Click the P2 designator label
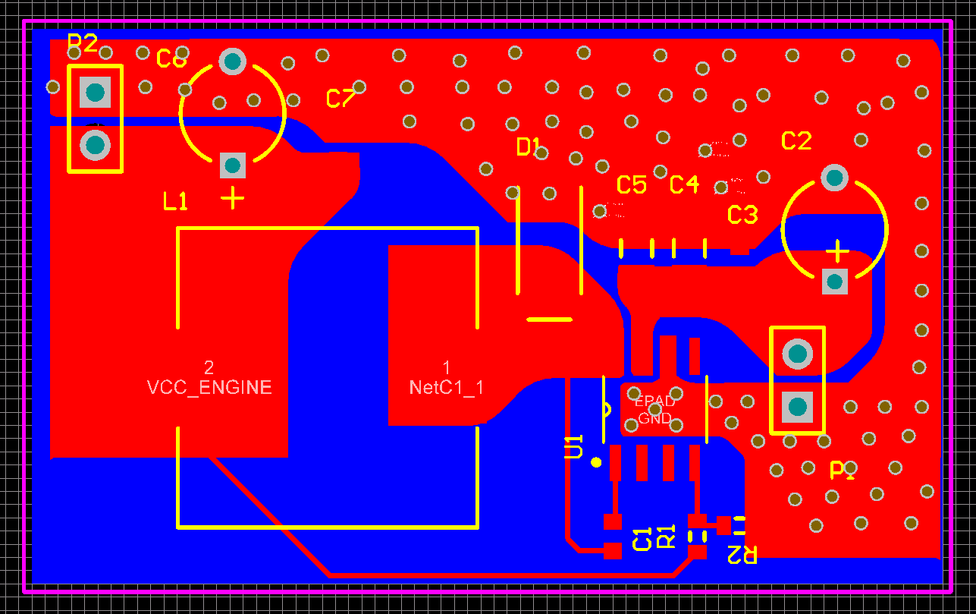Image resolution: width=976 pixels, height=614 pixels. click(x=83, y=43)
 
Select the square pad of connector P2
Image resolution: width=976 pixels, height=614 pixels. click(x=95, y=93)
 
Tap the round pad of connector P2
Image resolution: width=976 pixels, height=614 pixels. click(x=95, y=144)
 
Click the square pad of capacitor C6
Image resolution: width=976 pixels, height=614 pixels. click(x=233, y=165)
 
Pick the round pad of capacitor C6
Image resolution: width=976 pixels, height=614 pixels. click(x=233, y=61)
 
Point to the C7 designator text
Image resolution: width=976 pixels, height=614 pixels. click(x=341, y=98)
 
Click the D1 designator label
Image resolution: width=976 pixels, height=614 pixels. click(x=529, y=146)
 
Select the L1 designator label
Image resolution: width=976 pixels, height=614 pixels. click(x=175, y=201)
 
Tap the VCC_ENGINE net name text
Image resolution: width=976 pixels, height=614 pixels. click(x=209, y=387)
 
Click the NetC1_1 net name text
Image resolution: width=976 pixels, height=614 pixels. click(x=446, y=387)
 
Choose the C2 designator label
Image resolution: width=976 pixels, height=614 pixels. click(x=796, y=140)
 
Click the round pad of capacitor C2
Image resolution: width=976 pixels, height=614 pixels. click(x=834, y=178)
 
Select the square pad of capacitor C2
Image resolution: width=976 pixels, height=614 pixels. click(x=835, y=282)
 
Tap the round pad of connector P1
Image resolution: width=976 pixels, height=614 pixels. click(x=797, y=354)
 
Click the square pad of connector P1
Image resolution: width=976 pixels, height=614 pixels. click(x=797, y=407)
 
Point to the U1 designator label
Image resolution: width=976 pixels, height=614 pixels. click(x=573, y=446)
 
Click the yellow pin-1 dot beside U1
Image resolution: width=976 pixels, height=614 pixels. click(x=596, y=461)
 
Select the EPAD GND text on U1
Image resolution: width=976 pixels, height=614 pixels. click(x=654, y=410)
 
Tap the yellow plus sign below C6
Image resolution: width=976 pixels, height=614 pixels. click(x=233, y=198)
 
